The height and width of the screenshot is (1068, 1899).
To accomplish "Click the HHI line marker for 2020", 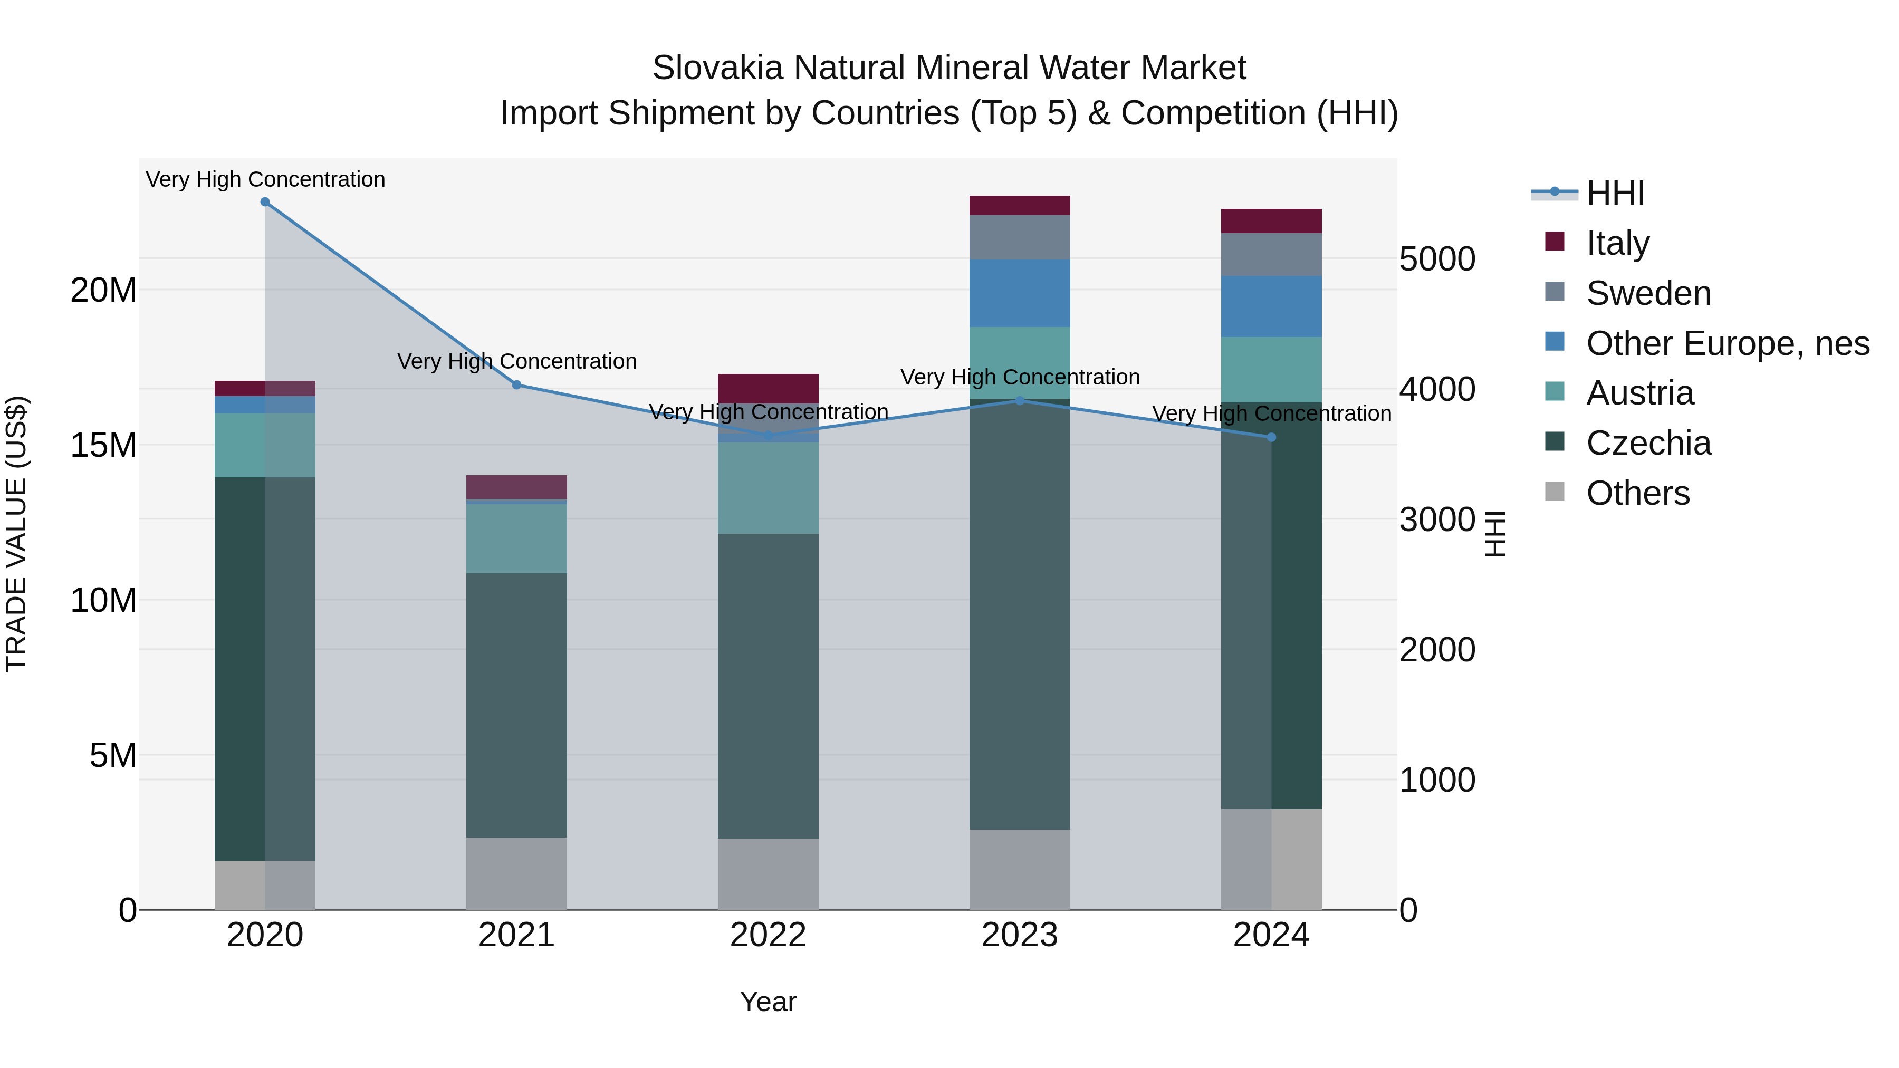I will pos(265,202).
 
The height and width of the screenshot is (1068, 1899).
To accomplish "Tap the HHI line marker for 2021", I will pos(517,385).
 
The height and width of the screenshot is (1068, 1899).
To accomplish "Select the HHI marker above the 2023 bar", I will pos(1020,401).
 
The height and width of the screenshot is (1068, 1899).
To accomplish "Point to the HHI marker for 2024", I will pos(1271,437).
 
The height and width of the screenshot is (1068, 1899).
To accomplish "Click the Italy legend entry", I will pos(1617,243).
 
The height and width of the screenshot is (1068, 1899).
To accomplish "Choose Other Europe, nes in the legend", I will pos(1727,343).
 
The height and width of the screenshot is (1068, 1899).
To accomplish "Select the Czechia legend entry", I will pos(1648,443).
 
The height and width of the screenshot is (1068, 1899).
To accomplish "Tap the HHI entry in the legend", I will pos(1615,193).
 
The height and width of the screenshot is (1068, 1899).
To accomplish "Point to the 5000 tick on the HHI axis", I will pos(1437,259).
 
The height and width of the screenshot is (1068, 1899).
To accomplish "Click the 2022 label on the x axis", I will pos(768,935).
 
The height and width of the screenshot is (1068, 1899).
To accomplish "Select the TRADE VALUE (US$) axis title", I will pos(16,534).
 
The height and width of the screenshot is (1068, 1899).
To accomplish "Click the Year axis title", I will pos(768,1002).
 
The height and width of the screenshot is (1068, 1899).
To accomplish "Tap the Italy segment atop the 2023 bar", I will pos(1020,206).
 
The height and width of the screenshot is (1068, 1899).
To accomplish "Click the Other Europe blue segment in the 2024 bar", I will pos(1271,306).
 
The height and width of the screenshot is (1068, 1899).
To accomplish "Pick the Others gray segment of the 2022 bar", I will pos(768,873).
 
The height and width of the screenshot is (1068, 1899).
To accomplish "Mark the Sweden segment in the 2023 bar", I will pos(1020,237).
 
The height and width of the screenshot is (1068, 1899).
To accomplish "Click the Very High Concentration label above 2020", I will pos(265,179).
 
